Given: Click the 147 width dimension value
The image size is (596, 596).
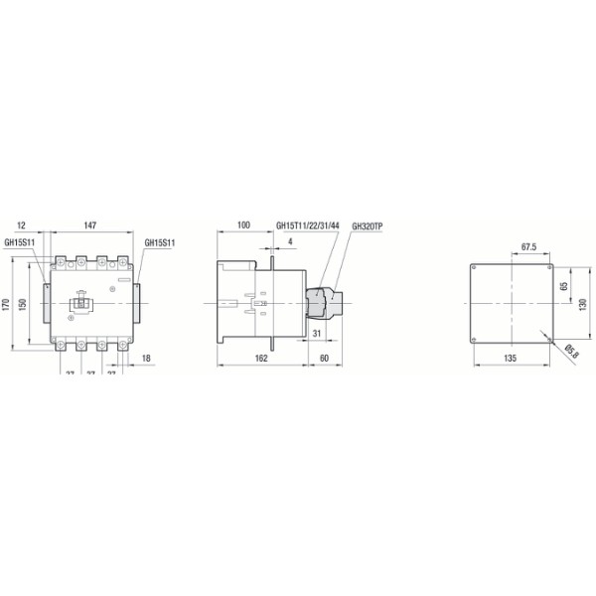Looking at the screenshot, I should click(89, 226).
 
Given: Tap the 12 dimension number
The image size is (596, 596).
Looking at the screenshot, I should click(22, 226).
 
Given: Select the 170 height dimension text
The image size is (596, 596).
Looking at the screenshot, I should click(7, 304).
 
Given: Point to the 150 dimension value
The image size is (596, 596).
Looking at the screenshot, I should click(24, 304).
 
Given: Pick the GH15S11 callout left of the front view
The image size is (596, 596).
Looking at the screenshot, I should click(20, 241).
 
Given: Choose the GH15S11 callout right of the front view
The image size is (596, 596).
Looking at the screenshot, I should click(160, 241).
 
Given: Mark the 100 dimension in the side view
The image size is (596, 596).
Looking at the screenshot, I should click(244, 226).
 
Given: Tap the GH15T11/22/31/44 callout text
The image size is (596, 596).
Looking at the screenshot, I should click(308, 226).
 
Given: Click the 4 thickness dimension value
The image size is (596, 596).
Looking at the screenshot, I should click(289, 241).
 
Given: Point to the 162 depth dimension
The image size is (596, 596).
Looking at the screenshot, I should click(260, 357).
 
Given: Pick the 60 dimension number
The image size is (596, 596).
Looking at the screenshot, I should click(326, 357).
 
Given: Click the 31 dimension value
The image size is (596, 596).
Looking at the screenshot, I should click(317, 332).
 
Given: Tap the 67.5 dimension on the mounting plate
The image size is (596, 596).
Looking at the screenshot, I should click(529, 247).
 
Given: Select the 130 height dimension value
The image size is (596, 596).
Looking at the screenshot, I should click(584, 304).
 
